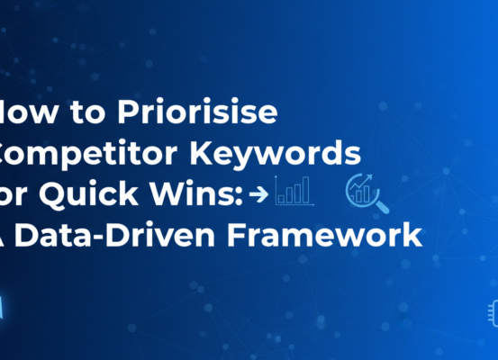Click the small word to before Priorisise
[85, 114]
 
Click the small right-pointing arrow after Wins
[261, 193]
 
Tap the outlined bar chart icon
[294, 190]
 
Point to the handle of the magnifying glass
[384, 207]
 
